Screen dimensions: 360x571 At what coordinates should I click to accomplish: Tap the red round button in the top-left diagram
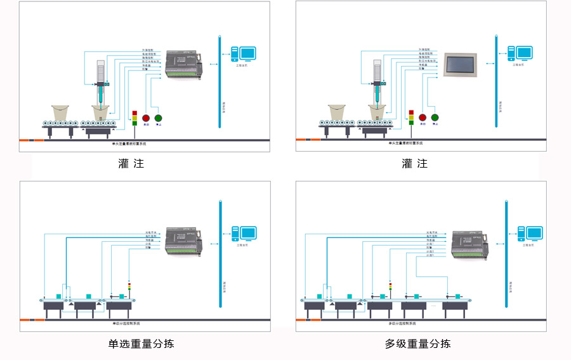[x=146, y=117]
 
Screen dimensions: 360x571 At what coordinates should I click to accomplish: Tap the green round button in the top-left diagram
[x=158, y=117]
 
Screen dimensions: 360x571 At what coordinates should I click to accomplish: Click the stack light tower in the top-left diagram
[x=135, y=117]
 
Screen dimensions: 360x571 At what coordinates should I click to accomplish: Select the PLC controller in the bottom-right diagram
[x=469, y=245]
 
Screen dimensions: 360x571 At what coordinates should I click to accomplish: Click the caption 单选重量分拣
[x=141, y=343]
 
